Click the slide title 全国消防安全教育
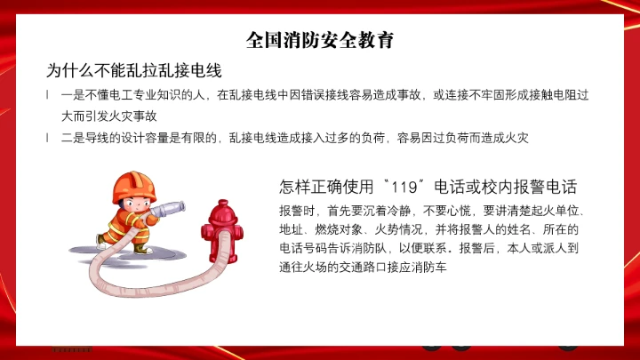tap(320, 40)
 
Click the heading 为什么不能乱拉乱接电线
tap(133, 69)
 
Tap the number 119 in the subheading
tap(404, 188)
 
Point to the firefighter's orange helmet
tap(132, 183)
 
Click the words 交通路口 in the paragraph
tap(368, 264)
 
